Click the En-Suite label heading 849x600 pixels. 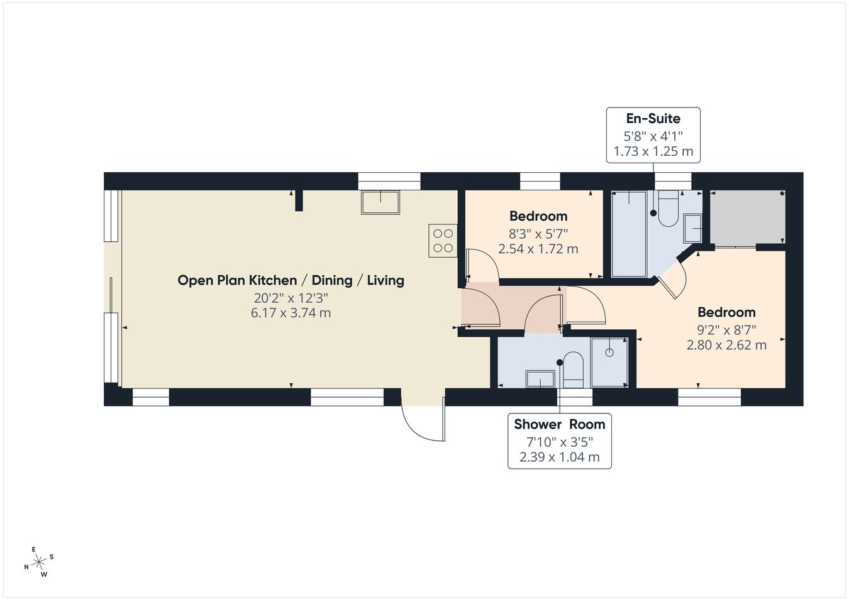pos(653,119)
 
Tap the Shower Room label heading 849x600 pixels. pos(560,424)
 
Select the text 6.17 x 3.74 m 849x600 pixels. pos(291,313)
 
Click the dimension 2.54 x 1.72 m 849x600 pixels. pos(538,249)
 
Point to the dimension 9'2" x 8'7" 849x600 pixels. pos(726,330)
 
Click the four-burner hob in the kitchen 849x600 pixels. pos(443,241)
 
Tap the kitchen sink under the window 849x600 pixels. pos(380,202)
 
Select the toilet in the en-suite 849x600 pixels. pos(669,209)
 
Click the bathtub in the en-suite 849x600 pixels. pos(629,234)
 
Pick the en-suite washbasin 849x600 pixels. pos(693,228)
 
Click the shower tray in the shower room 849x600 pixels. pos(609,363)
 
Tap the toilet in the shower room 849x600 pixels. pos(573,370)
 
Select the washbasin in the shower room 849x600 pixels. pos(540,379)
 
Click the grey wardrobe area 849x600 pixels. pos(747,217)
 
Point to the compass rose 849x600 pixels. pos(39,562)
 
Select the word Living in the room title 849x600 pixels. pos(386,280)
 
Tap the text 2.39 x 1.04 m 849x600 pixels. pos(560,457)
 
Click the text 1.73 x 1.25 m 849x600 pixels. pos(653,151)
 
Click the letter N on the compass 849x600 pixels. pos(26,567)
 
